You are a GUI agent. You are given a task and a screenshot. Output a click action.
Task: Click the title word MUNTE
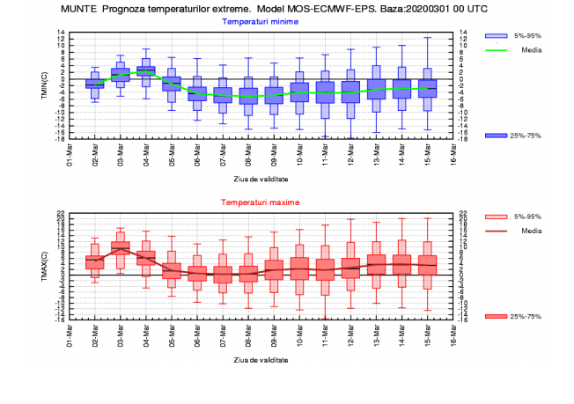(78, 8)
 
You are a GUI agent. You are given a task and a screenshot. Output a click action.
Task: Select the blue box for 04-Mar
(146, 70)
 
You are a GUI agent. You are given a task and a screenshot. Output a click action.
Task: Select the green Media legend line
(497, 50)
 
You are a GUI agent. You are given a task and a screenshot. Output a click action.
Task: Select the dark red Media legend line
(497, 231)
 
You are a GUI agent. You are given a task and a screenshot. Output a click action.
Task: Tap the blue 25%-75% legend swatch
(497, 135)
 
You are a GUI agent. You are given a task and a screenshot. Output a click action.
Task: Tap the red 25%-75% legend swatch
(497, 316)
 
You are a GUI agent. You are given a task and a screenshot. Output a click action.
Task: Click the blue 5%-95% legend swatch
(497, 35)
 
